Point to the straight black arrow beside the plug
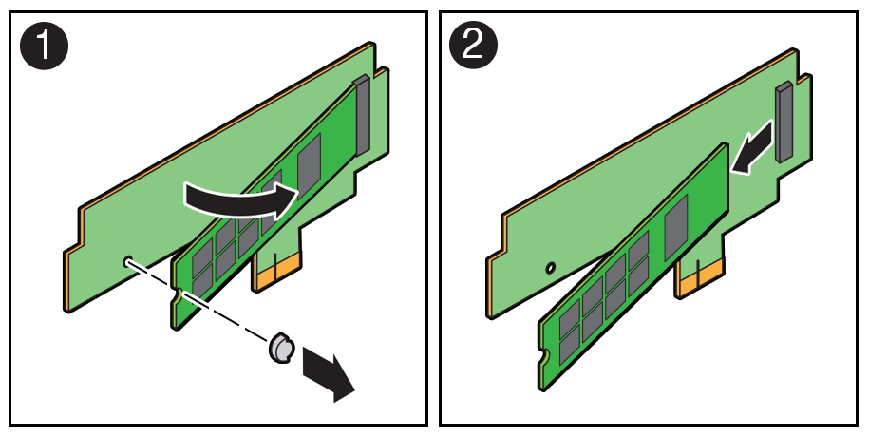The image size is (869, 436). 326,374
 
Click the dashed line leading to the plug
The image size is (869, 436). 199,302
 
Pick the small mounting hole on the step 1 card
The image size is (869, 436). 126,258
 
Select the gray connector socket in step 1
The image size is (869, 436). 361,117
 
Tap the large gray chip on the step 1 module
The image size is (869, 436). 311,167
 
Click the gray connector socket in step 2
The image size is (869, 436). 784,121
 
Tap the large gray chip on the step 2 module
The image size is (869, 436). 676,222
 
